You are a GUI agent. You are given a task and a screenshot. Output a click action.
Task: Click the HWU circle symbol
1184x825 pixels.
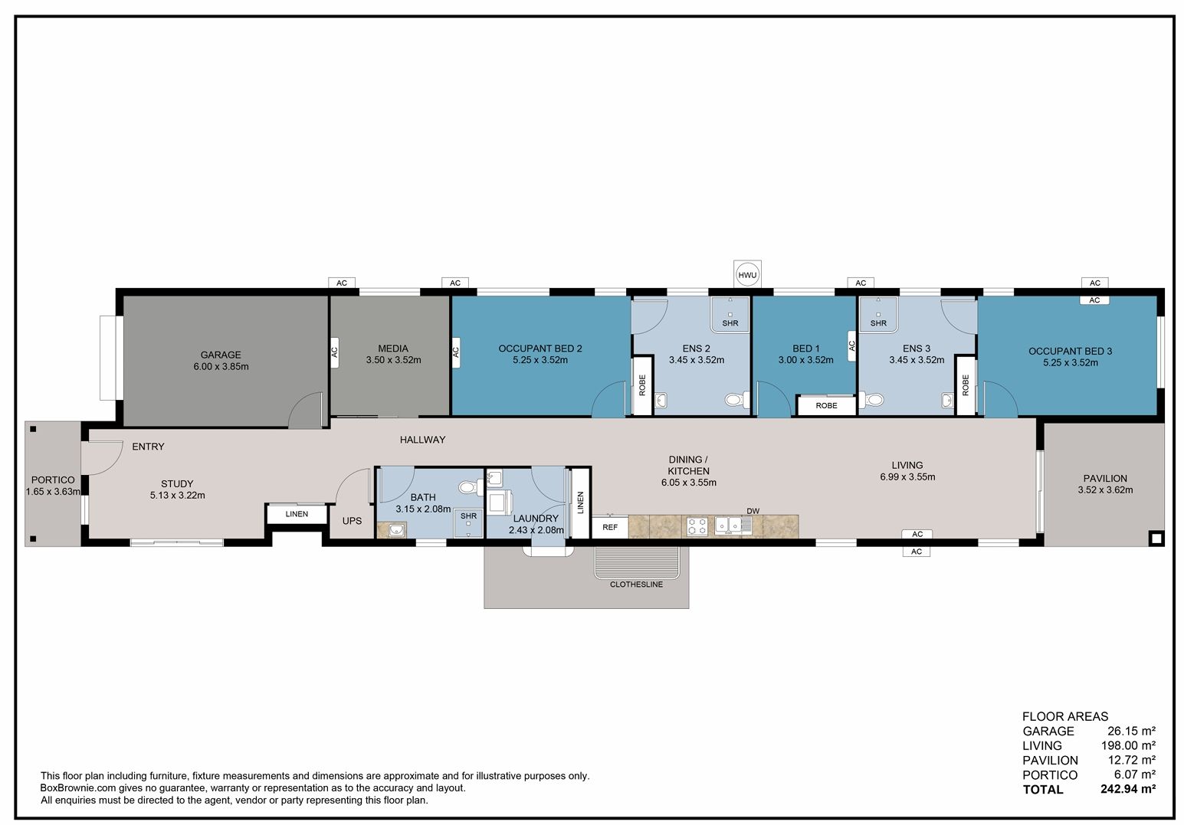(x=747, y=275)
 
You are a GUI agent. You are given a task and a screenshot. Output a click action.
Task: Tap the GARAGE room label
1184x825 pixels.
(x=221, y=355)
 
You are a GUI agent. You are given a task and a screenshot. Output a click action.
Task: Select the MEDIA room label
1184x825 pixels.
(x=392, y=349)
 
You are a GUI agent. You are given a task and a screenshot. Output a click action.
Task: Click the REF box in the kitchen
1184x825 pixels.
(x=610, y=527)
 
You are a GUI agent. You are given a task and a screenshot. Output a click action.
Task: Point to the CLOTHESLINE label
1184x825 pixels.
(x=636, y=584)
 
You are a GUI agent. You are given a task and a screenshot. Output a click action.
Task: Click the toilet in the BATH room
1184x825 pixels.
(x=470, y=486)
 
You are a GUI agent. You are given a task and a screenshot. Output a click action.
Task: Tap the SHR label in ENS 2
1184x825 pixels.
(x=730, y=323)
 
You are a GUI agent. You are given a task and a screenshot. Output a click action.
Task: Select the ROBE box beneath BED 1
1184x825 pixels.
(x=826, y=406)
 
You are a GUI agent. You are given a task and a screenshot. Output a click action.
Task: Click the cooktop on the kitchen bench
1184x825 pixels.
(x=697, y=526)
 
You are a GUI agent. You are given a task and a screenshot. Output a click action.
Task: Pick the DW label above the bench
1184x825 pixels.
(x=753, y=511)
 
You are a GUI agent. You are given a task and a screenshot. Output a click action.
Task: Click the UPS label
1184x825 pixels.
(x=352, y=521)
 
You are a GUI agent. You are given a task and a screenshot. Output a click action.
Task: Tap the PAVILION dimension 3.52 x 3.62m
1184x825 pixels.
(x=1105, y=490)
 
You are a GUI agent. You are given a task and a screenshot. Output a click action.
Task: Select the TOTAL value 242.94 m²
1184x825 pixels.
(x=1128, y=789)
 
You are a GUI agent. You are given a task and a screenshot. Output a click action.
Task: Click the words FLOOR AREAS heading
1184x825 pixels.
(x=1065, y=716)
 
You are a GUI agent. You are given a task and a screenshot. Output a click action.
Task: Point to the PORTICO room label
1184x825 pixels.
(x=53, y=480)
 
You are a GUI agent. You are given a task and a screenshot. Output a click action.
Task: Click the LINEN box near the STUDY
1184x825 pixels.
(x=297, y=514)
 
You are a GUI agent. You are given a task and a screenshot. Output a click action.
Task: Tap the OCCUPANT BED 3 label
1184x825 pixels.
(x=1070, y=351)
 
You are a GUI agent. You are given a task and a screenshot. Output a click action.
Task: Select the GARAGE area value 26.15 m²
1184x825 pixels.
(x=1131, y=731)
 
